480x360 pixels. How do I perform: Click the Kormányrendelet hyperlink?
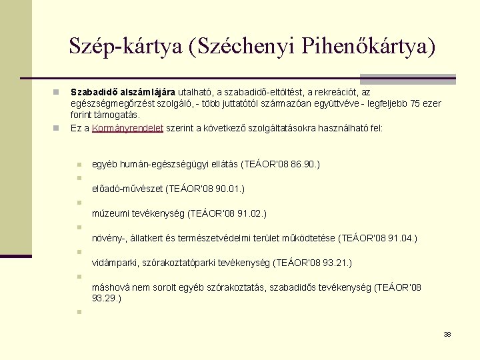(x=127, y=127)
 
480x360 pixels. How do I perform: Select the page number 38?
(x=447, y=334)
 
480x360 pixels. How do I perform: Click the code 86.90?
(x=305, y=163)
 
